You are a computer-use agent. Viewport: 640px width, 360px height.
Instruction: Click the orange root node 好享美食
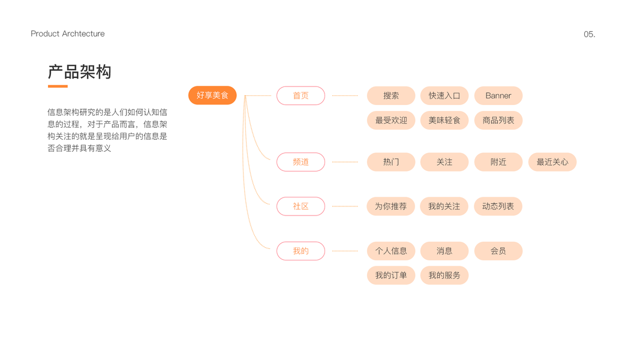point(212,95)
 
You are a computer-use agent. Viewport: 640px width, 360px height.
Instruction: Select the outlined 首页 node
point(301,95)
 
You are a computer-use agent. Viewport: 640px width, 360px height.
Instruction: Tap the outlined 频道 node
point(301,162)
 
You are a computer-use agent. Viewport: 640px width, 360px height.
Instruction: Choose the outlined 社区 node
point(301,206)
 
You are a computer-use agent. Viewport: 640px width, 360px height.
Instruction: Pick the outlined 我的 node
point(301,251)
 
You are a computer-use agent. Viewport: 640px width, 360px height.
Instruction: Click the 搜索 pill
point(391,95)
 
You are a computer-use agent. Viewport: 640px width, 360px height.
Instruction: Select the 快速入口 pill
point(444,95)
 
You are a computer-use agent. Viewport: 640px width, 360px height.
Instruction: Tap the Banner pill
point(498,95)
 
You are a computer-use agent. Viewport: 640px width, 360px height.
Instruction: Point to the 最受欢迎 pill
point(391,120)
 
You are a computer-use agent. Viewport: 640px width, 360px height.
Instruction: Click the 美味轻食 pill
point(444,120)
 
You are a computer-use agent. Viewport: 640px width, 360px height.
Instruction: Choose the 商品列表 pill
point(498,120)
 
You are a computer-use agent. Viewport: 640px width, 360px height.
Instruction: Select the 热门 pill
point(391,162)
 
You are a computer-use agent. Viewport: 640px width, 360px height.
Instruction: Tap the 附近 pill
point(498,162)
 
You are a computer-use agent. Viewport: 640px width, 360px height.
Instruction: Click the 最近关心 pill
point(552,162)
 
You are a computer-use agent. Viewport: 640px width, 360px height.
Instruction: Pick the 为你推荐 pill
point(391,206)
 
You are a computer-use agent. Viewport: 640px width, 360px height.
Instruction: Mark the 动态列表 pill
point(498,206)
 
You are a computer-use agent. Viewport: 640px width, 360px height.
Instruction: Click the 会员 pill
point(498,251)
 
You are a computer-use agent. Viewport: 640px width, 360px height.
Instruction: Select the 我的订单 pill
point(391,275)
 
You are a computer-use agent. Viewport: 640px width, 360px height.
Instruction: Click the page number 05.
point(589,34)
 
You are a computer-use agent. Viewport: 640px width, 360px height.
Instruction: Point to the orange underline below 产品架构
point(58,86)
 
